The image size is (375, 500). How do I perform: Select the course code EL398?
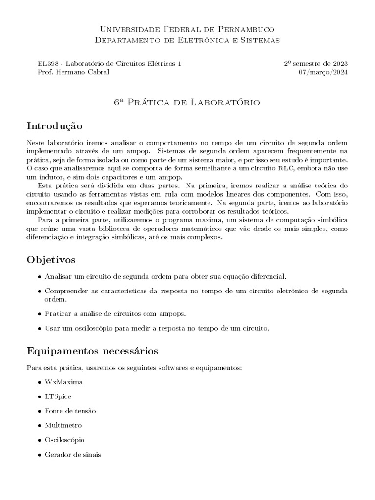pyautogui.click(x=46, y=64)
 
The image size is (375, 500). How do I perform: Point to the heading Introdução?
pyautogui.click(x=54, y=126)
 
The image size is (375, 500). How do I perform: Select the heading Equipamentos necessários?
pyautogui.click(x=92, y=351)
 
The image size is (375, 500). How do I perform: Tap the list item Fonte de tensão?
pyautogui.click(x=70, y=411)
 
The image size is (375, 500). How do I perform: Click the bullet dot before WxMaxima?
pyautogui.click(x=39, y=382)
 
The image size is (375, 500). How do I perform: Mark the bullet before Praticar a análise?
pyautogui.click(x=39, y=314)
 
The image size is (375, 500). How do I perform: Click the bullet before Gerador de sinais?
pyautogui.click(x=39, y=455)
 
